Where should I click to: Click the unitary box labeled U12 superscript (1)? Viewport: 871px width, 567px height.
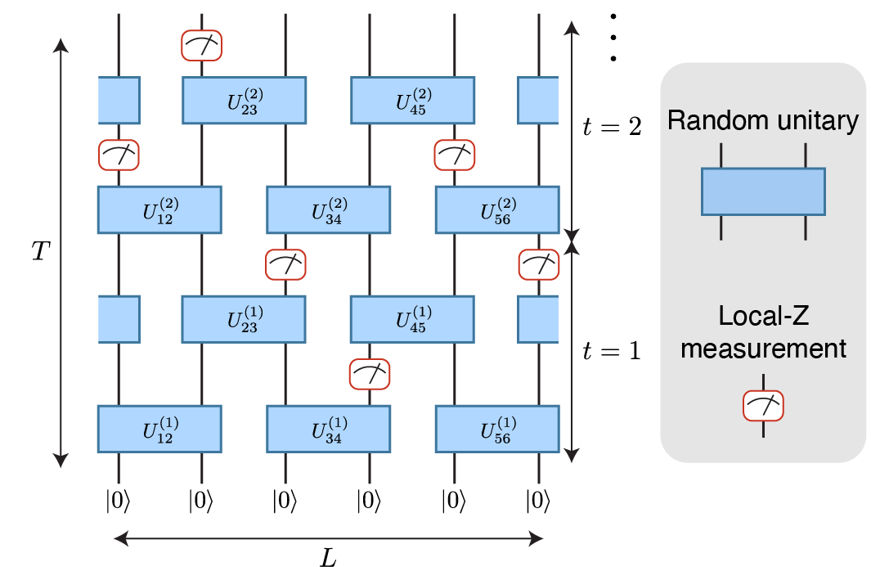[x=159, y=428]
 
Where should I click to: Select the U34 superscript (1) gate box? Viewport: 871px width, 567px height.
[x=328, y=428]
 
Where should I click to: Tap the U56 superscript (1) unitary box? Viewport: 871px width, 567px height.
[x=496, y=428]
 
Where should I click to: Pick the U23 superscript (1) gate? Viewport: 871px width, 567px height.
[x=244, y=319]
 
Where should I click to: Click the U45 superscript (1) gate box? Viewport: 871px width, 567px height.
[x=412, y=319]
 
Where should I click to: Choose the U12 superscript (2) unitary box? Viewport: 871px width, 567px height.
[x=159, y=210]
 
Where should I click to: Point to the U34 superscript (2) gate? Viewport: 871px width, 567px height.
[x=328, y=210]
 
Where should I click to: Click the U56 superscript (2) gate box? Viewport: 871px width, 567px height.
[x=496, y=210]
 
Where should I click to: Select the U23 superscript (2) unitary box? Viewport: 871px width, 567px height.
[x=244, y=100]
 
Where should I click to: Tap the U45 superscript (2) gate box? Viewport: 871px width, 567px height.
[x=412, y=100]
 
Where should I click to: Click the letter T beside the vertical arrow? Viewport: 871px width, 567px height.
[x=38, y=251]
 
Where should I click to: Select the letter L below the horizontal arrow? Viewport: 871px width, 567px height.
[x=328, y=557]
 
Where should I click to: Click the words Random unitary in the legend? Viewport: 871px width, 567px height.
[x=762, y=122]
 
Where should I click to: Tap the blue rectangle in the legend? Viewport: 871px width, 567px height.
[x=762, y=191]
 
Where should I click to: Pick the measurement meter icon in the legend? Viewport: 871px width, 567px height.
[x=762, y=404]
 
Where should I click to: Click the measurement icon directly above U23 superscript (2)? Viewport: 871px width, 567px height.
[x=201, y=45]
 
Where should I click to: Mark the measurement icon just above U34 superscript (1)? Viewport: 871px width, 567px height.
[x=370, y=374]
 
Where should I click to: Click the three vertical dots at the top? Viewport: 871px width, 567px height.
[x=613, y=38]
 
